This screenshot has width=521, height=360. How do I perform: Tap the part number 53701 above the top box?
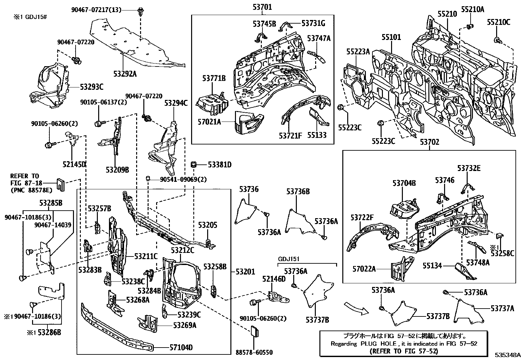point(262,7)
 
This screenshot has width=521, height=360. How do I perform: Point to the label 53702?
point(430,142)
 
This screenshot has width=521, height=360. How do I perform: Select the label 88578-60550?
point(254,352)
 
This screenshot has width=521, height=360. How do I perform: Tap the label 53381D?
point(220,164)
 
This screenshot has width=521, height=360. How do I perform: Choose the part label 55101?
point(391,37)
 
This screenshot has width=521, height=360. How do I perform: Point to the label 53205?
point(207,225)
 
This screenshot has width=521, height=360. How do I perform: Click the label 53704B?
point(404,183)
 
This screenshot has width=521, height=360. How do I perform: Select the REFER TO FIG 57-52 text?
point(403,351)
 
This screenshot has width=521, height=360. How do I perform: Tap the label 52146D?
point(274,279)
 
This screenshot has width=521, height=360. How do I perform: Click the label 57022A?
point(364,269)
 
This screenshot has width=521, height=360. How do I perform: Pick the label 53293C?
point(92,87)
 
